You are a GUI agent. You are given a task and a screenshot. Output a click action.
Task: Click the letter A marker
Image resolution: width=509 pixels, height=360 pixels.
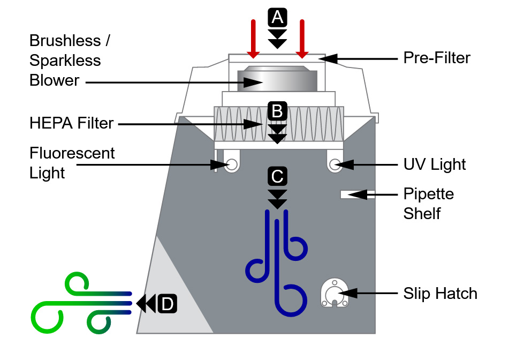pyautogui.click(x=277, y=18)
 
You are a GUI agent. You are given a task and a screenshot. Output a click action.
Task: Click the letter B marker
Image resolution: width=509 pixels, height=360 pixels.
pyautogui.click(x=277, y=111)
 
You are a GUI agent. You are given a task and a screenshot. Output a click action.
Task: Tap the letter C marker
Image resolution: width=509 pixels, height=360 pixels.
pyautogui.click(x=277, y=176)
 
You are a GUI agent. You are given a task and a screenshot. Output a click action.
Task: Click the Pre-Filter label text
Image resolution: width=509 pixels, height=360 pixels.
pyautogui.click(x=437, y=58)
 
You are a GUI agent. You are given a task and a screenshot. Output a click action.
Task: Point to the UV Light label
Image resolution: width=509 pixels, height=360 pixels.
pyautogui.click(x=435, y=164)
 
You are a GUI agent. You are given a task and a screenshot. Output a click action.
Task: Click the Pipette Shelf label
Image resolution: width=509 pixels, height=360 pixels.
pyautogui.click(x=429, y=203)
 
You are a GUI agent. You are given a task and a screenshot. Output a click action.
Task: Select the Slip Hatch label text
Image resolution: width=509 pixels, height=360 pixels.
pyautogui.click(x=440, y=294)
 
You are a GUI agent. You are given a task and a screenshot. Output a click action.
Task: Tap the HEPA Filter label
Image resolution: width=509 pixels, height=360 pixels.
pyautogui.click(x=72, y=123)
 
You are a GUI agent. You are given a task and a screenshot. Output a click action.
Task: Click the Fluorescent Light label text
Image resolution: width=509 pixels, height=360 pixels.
pyautogui.click(x=72, y=163)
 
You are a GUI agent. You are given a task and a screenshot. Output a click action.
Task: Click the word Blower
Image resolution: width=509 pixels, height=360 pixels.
pyautogui.click(x=54, y=80)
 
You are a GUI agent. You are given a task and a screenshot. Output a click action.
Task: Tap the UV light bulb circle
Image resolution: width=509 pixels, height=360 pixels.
pyautogui.click(x=336, y=164)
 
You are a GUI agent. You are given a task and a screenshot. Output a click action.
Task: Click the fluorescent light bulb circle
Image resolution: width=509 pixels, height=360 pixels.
pyautogui.click(x=232, y=164)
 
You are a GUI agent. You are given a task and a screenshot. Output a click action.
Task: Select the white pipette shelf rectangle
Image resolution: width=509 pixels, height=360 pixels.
pyautogui.click(x=353, y=194)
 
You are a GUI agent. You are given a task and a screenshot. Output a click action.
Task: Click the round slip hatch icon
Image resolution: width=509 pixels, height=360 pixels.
pyautogui.click(x=334, y=293)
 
